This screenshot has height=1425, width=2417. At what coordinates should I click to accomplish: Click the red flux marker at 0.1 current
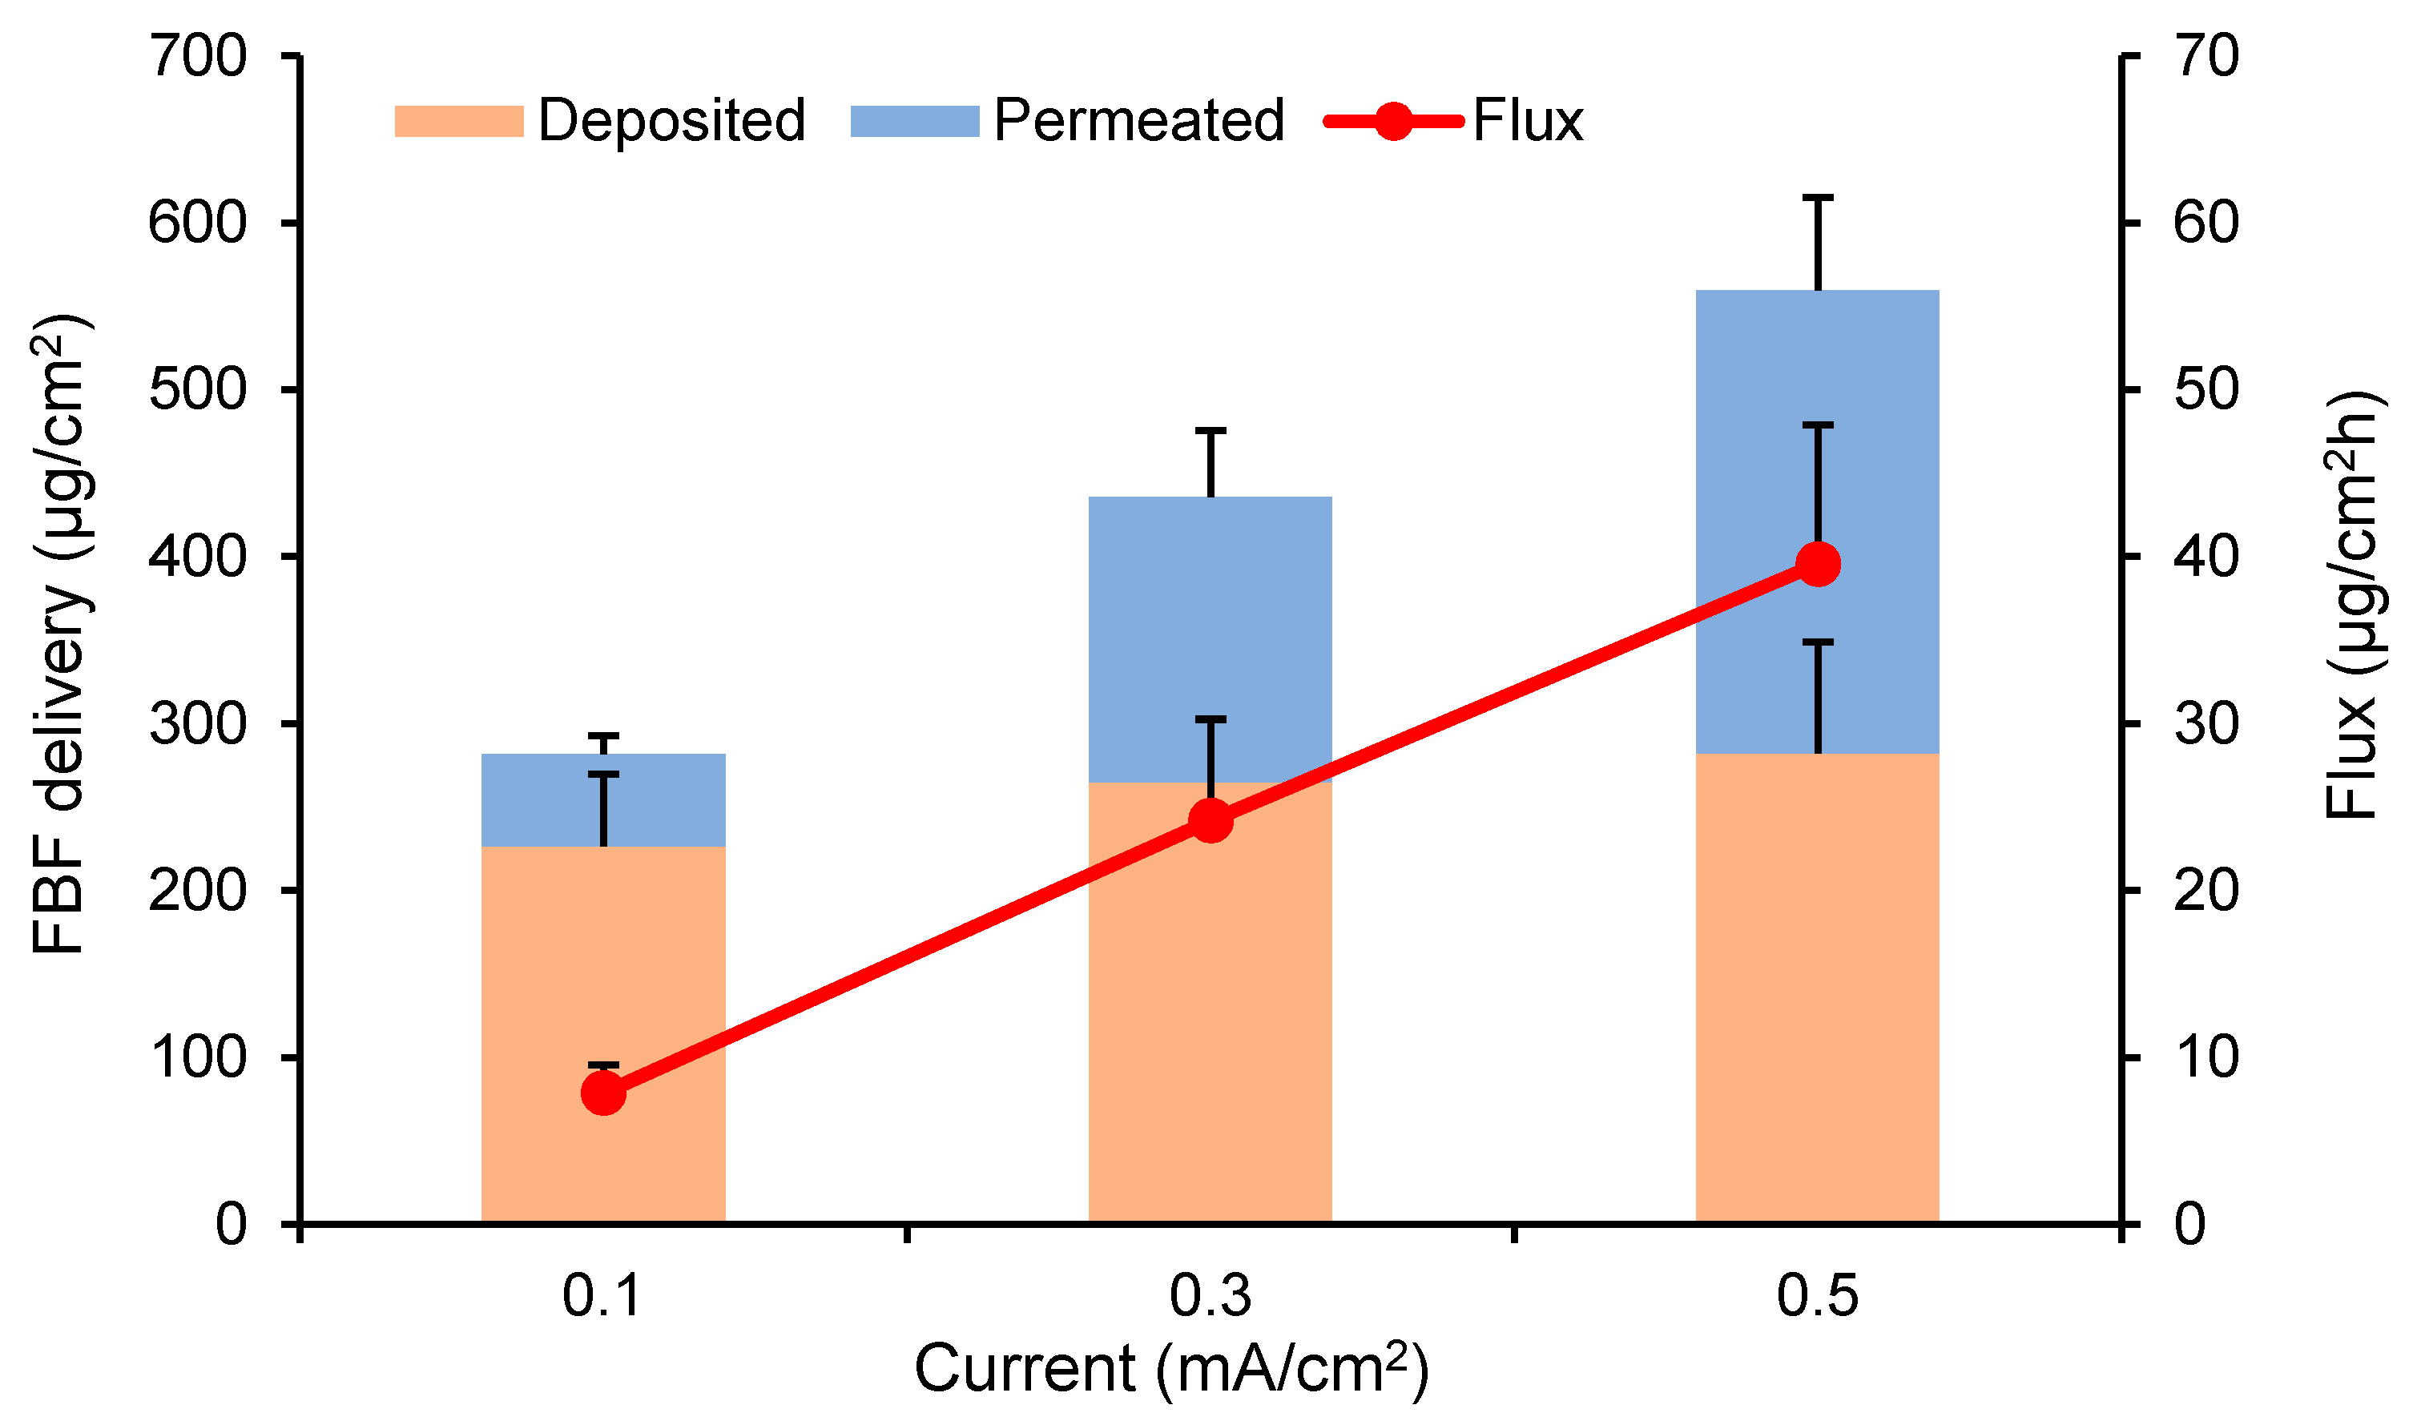pos(604,1093)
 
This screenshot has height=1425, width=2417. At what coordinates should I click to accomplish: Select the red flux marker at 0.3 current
pos(1211,821)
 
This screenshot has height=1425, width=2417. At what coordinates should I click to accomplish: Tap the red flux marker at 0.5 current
pos(1818,564)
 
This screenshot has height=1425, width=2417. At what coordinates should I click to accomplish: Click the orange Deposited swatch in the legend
pos(459,122)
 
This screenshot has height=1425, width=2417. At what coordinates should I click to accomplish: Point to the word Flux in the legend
pos(1528,121)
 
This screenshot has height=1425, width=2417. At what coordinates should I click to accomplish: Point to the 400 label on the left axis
pos(199,556)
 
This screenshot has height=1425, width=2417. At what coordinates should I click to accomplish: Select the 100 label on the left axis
pos(199,1057)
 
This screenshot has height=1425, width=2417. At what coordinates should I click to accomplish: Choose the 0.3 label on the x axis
pos(1210,1295)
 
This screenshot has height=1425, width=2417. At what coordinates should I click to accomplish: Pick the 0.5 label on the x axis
pos(1817,1295)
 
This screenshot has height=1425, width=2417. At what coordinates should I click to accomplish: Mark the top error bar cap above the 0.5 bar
pos(1818,198)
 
